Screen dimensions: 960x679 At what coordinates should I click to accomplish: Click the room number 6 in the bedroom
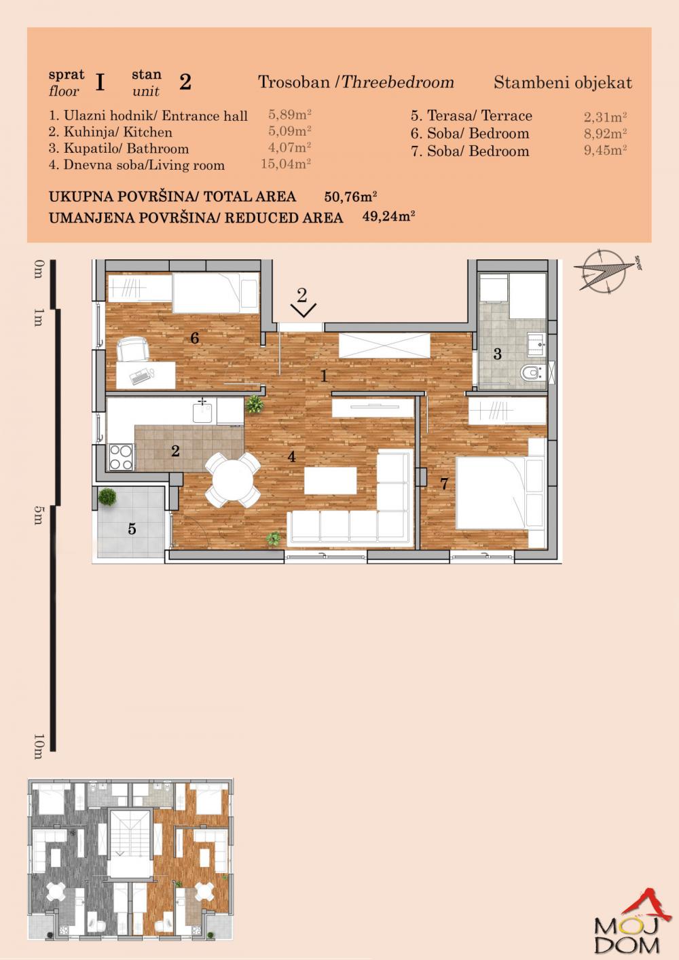195,337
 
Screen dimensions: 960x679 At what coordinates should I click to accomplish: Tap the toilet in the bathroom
530,373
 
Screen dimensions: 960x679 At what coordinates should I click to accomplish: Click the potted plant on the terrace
107,498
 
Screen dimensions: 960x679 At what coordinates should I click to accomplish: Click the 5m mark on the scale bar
38,515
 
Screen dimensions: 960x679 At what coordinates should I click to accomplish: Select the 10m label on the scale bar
38,745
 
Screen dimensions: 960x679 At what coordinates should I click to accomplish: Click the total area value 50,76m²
350,197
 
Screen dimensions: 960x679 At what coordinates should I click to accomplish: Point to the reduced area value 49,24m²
388,217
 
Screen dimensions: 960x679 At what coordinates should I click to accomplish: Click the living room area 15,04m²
286,164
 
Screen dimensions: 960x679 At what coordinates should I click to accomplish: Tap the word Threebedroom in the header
397,83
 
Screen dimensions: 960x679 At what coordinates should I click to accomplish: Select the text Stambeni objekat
562,83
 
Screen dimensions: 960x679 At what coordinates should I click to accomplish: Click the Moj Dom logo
626,925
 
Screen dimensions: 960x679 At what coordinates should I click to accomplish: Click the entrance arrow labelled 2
302,303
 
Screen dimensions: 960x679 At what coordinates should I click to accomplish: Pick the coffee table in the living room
330,481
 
